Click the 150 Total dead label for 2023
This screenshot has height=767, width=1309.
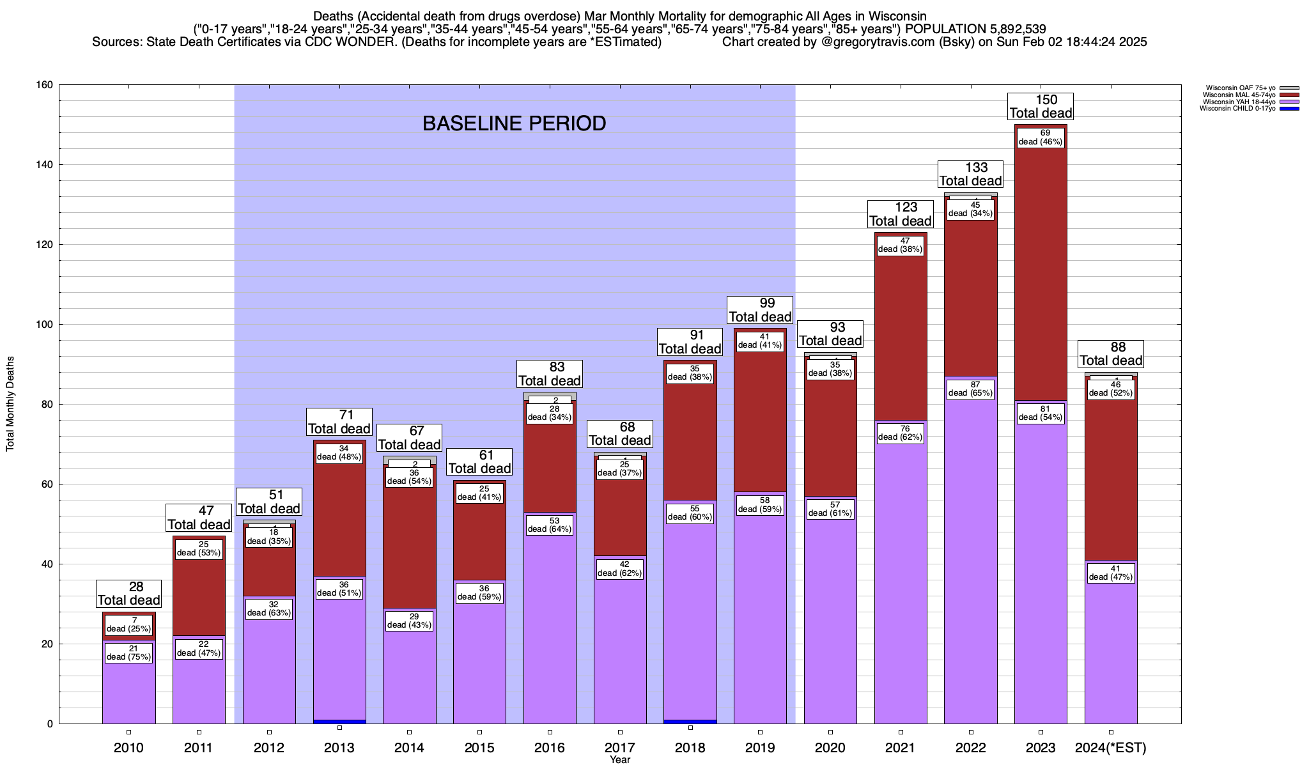pos(1041,106)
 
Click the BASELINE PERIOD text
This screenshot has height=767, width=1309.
pos(514,123)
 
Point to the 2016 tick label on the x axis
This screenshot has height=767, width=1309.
pos(550,747)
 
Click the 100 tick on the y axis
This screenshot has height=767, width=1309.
pos(45,325)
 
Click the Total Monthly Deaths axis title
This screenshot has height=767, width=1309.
pos(10,404)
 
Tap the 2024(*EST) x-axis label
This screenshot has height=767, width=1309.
pos(1111,747)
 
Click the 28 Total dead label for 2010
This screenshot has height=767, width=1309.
pos(128,593)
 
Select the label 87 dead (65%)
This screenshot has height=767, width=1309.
pos(970,389)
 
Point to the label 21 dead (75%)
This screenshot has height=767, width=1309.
pos(128,653)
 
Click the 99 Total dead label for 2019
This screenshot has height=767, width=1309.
pos(760,310)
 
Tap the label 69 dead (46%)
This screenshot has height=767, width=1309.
pos(1041,137)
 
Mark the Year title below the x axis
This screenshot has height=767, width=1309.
pos(619,760)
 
